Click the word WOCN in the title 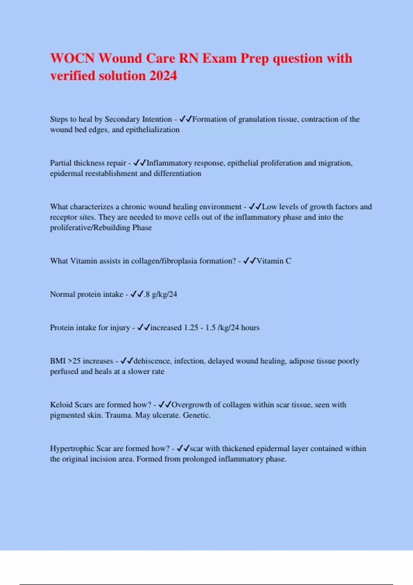tap(72, 58)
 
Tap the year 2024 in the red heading tap(163, 76)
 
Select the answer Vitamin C tap(274, 261)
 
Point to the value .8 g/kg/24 tap(160, 294)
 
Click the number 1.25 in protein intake tap(191, 328)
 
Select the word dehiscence tap(152, 361)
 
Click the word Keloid tap(61, 405)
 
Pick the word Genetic tap(197, 415)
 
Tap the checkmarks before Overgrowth tap(165, 405)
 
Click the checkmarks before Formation tap(186, 119)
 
